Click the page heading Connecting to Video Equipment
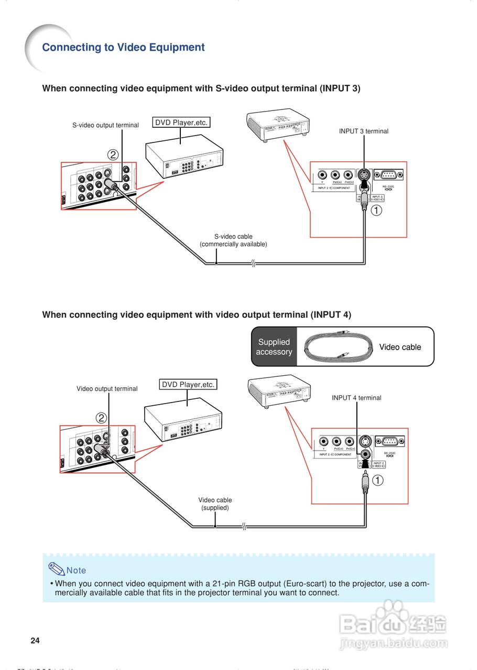pyautogui.click(x=123, y=48)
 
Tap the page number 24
pyautogui.click(x=35, y=640)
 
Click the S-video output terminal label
pyautogui.click(x=105, y=125)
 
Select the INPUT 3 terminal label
pyautogui.click(x=363, y=131)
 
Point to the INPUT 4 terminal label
pyautogui.click(x=356, y=398)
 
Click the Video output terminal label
pyautogui.click(x=107, y=389)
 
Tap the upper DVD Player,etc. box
pyautogui.click(x=181, y=122)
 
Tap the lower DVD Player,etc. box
pyautogui.click(x=188, y=384)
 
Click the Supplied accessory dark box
pyautogui.click(x=274, y=347)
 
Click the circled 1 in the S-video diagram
pyautogui.click(x=377, y=210)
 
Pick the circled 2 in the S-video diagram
pyautogui.click(x=113, y=154)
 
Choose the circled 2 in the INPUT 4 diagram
pyautogui.click(x=101, y=418)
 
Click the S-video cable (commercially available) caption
pyautogui.click(x=233, y=240)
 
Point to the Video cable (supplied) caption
pyautogui.click(x=215, y=504)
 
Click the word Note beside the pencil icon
pyautogui.click(x=77, y=571)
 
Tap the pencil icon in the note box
pyautogui.click(x=56, y=568)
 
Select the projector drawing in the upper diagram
pyautogui.click(x=277, y=126)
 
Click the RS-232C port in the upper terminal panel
pyautogui.click(x=388, y=175)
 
